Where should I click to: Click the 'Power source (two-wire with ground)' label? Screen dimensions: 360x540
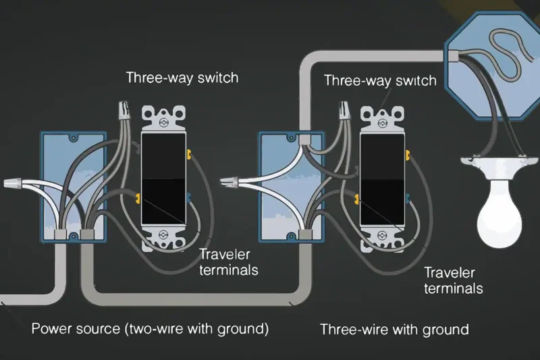(150, 330)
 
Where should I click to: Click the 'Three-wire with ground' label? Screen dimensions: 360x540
(394, 330)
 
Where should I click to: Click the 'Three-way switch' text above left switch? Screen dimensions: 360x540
(182, 77)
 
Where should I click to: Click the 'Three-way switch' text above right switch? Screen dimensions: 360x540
(380, 80)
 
